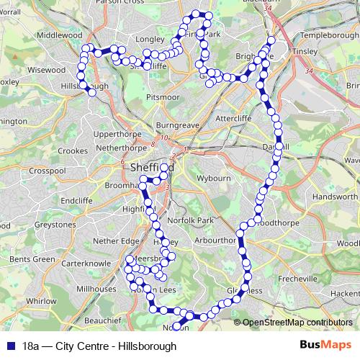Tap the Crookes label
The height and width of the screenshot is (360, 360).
click(x=72, y=150)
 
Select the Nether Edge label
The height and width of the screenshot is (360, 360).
click(x=115, y=241)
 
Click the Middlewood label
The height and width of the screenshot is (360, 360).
click(x=60, y=34)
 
